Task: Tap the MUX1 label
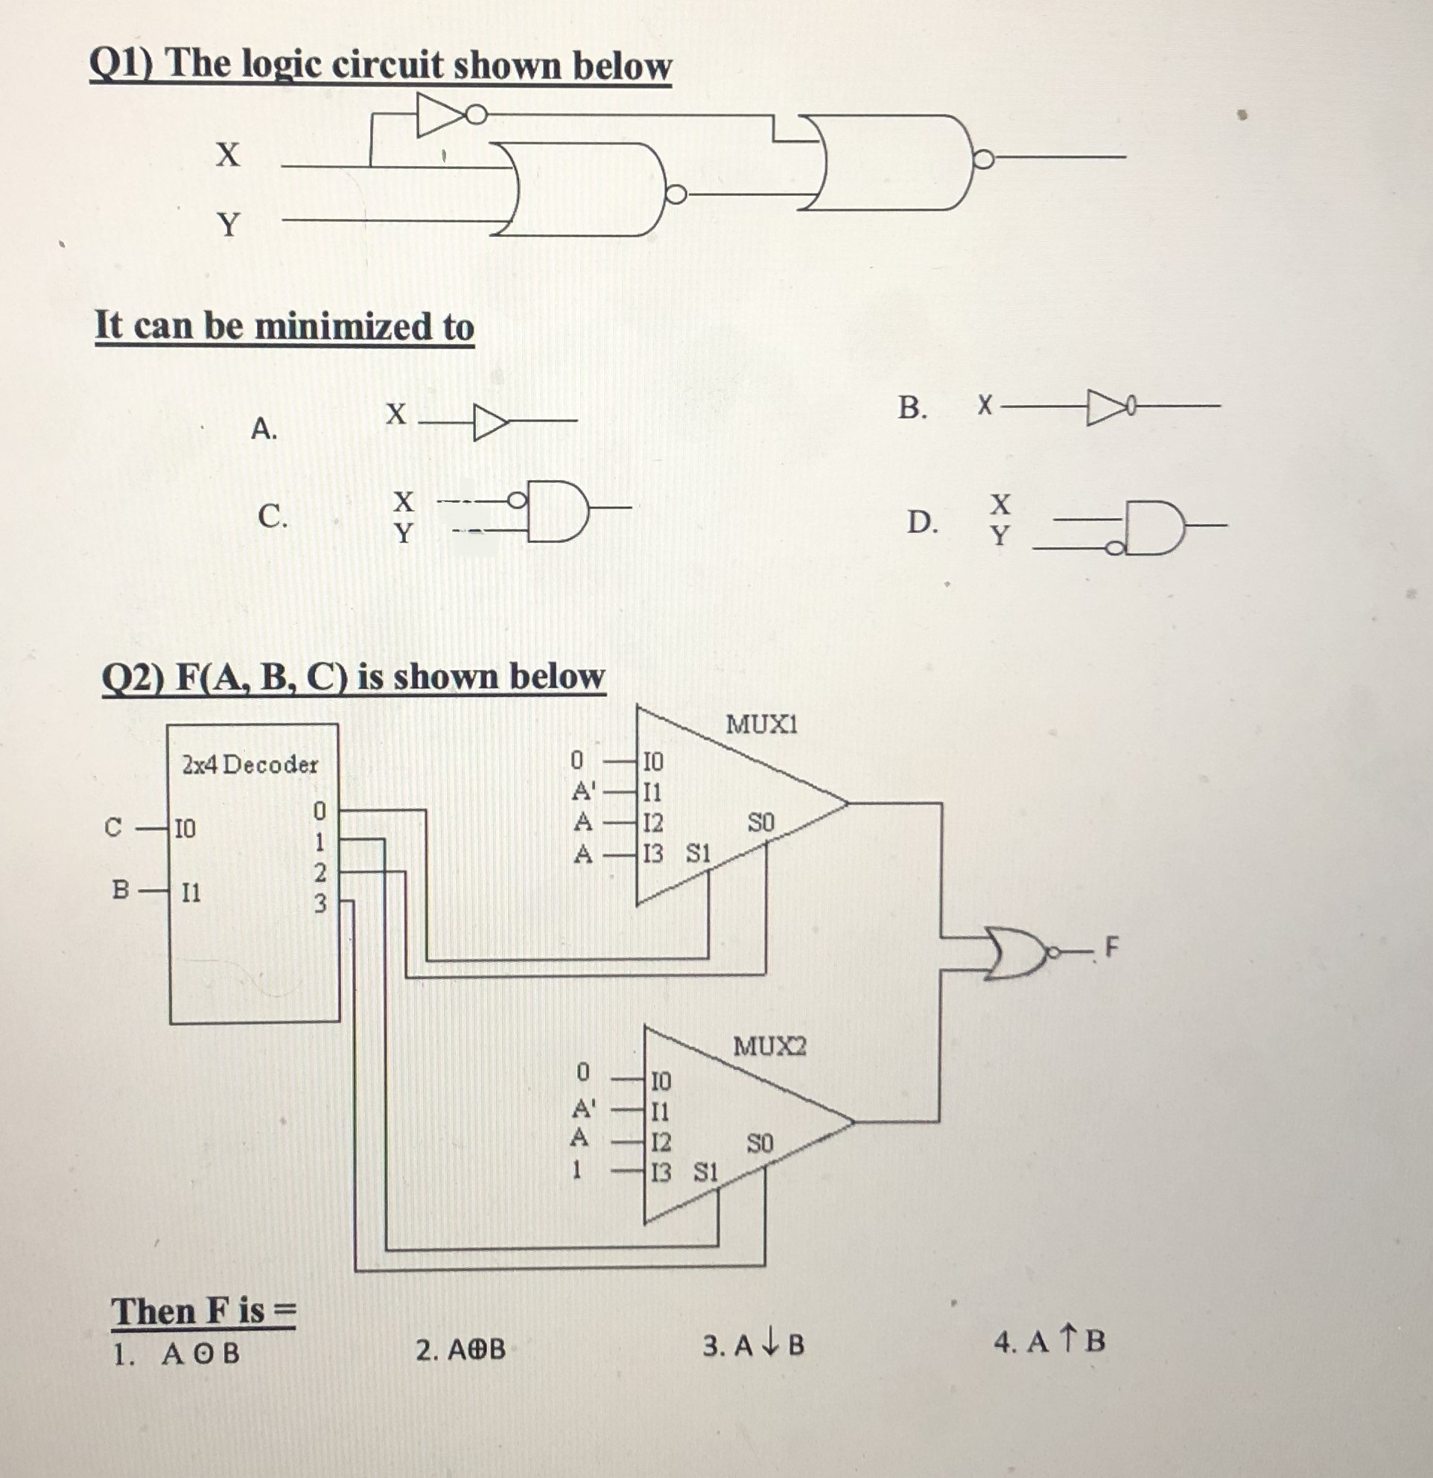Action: click(761, 725)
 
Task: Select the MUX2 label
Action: click(769, 1047)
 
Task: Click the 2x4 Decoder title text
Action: click(250, 765)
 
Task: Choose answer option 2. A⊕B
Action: click(461, 1349)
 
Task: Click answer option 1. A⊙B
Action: click(177, 1354)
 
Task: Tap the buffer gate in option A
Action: click(489, 421)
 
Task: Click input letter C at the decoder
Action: click(112, 828)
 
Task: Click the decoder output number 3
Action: click(320, 903)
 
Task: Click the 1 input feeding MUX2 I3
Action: click(578, 1171)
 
